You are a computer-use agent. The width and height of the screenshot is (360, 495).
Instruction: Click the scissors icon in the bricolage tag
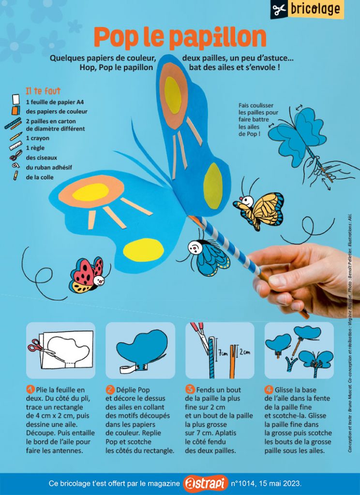click(x=280, y=10)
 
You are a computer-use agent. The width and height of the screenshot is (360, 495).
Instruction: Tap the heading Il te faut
click(x=43, y=91)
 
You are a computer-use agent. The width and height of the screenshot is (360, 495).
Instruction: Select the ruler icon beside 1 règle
click(x=15, y=146)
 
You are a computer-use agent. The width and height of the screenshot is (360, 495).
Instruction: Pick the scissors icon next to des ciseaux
click(x=16, y=155)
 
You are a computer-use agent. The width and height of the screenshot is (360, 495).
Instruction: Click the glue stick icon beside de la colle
click(x=15, y=175)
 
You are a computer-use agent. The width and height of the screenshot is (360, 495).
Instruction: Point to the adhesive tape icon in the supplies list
click(x=15, y=165)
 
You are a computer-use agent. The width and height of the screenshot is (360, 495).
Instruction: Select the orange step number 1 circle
click(x=30, y=390)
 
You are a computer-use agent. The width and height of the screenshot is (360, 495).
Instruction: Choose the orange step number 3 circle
click(x=190, y=390)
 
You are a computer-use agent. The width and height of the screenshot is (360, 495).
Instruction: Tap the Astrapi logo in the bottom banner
click(x=206, y=483)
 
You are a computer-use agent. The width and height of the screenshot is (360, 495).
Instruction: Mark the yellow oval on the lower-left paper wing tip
click(x=143, y=250)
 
